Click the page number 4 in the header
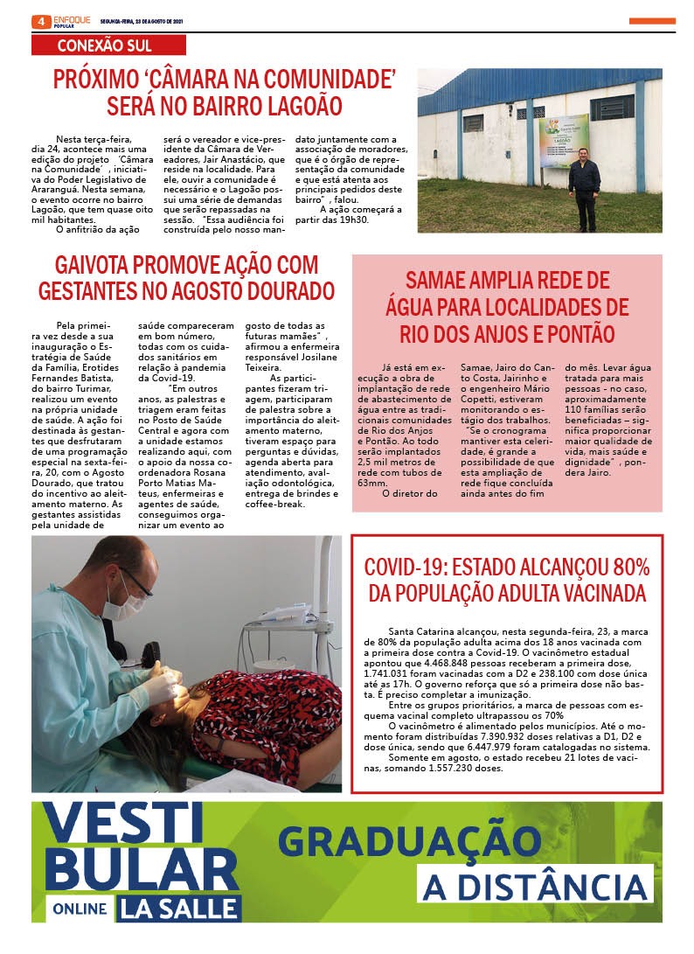pos(39,21)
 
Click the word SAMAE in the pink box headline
pos(441,281)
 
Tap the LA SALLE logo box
pos(180,908)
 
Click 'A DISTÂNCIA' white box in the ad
pos(535,885)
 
